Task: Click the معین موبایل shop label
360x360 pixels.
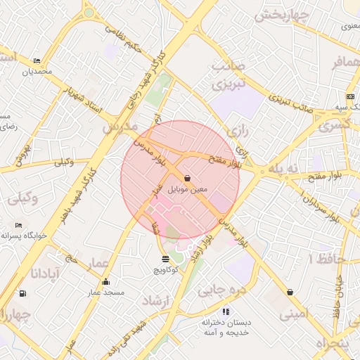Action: [188, 190]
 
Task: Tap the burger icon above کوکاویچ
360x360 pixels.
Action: [165, 259]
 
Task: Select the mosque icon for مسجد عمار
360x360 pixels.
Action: [105, 282]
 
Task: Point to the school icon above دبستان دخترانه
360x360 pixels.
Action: [226, 311]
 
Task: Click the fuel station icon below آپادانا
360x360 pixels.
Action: [23, 293]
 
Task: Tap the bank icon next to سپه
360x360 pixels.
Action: [350, 96]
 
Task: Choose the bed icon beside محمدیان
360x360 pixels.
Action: [37, 61]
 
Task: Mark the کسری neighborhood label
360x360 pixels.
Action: [333, 125]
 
